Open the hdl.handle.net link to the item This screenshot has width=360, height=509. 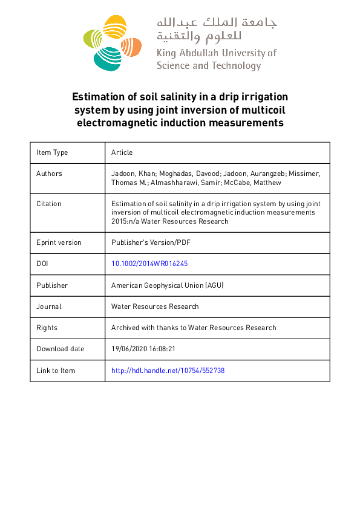point(168,371)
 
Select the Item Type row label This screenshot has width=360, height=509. point(52,152)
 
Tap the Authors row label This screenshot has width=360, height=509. point(49,173)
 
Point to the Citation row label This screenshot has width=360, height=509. point(49,204)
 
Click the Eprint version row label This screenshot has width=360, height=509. point(59,242)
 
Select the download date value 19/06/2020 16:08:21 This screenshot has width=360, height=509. point(143,349)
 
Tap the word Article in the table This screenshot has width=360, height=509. point(122,152)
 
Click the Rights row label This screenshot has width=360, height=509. point(47,328)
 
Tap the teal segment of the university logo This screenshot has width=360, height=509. point(107,58)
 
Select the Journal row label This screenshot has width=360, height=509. point(49,306)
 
